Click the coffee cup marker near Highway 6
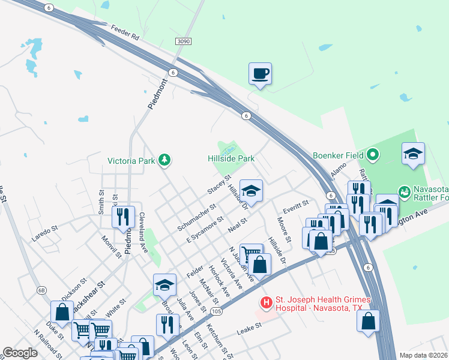click(x=260, y=74)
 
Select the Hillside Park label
click(x=231, y=159)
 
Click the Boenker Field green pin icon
click(x=372, y=155)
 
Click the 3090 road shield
click(x=184, y=41)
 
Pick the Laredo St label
click(x=45, y=233)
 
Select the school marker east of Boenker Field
click(x=413, y=154)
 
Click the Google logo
click(x=20, y=353)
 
